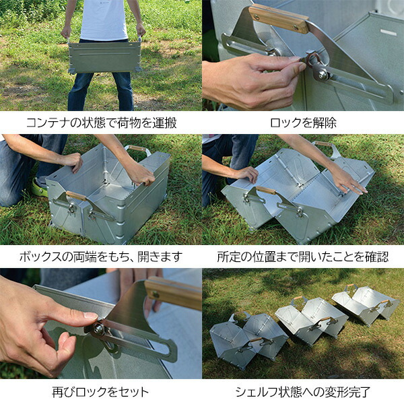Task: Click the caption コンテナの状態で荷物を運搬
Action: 101,123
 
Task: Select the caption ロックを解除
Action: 303,123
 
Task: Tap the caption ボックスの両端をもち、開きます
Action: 101,257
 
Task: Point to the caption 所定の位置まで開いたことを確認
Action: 303,257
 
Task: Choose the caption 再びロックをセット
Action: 101,391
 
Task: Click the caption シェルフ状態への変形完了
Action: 303,391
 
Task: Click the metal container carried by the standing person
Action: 104,57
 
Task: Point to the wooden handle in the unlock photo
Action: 278,18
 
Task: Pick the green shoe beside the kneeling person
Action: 39,189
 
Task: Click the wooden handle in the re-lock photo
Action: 173,292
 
